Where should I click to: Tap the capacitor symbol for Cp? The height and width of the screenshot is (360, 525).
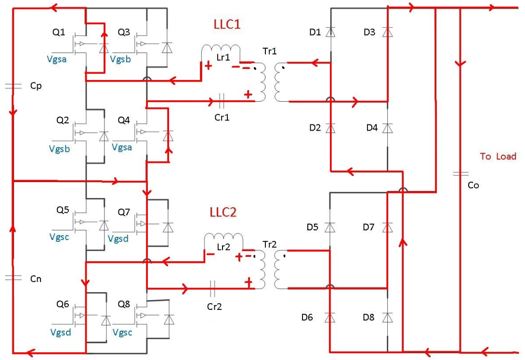pyautogui.click(x=13, y=86)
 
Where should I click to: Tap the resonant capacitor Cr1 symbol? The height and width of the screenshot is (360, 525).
pyautogui.click(x=221, y=101)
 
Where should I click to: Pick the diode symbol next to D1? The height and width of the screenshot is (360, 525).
pyautogui.click(x=330, y=32)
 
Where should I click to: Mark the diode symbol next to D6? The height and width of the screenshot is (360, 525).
pyautogui.click(x=330, y=317)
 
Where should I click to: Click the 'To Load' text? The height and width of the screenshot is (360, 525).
pyautogui.click(x=498, y=156)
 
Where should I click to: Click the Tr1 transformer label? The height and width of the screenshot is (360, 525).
pyautogui.click(x=270, y=52)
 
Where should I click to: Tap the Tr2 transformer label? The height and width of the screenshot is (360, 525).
pyautogui.click(x=270, y=244)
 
